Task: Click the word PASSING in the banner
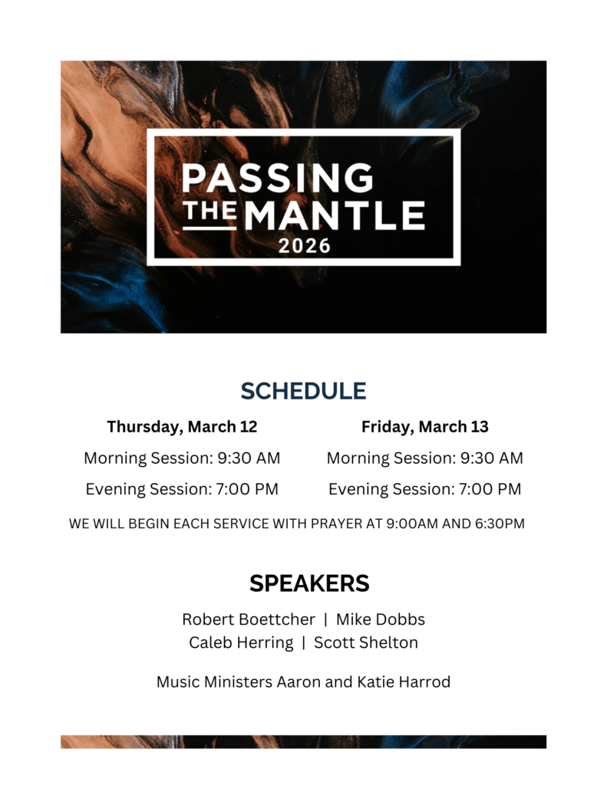point(278,178)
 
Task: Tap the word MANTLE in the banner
point(335,215)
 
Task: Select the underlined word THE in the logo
point(209,212)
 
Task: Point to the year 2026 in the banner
point(304,246)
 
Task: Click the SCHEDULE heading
point(303,391)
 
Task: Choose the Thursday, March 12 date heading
point(182,426)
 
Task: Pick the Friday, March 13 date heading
point(425,426)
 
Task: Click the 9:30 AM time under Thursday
point(249,458)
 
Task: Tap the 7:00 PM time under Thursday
point(247,489)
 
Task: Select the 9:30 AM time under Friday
point(492,458)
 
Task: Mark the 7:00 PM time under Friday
point(490,489)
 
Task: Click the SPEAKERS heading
point(309,583)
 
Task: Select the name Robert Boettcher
point(249,619)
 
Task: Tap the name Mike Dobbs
point(381,619)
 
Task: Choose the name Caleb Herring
point(241,643)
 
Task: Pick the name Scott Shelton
point(366,642)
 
